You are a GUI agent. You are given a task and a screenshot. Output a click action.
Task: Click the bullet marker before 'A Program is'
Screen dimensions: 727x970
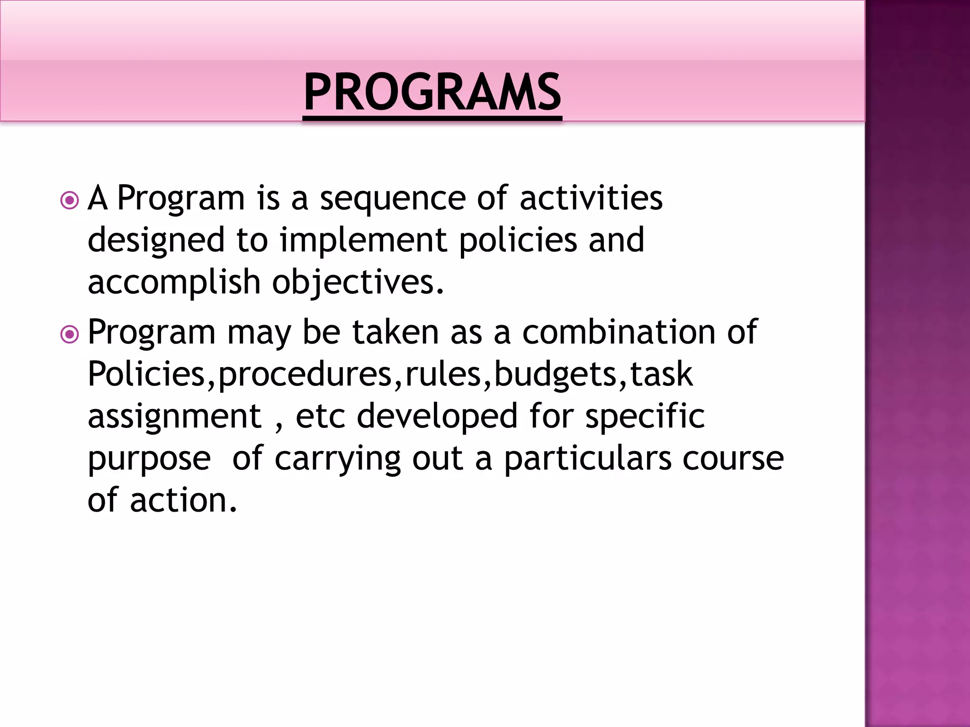[70, 201]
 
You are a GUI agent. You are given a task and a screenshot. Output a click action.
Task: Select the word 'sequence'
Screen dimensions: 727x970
[393, 199]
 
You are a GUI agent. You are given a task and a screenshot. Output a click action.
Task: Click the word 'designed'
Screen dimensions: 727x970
[156, 240]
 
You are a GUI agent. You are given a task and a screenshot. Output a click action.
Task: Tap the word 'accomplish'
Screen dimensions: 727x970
[174, 283]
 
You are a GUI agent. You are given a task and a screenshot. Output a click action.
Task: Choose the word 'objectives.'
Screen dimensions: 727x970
[358, 283]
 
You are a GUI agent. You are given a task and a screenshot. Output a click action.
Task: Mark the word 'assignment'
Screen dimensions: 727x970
[174, 417]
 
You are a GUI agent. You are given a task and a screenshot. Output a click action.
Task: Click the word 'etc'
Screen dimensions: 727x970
[320, 417]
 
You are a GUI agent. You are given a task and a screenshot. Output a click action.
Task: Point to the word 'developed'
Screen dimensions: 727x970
[437, 417]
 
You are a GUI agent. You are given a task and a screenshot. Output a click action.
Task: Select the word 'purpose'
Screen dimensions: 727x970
[149, 459]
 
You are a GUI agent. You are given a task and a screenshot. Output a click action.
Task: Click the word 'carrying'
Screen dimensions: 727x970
[338, 459]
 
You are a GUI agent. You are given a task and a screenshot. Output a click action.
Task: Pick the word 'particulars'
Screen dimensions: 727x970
[587, 459]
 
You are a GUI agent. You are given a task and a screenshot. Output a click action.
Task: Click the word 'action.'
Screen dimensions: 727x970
[183, 500]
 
